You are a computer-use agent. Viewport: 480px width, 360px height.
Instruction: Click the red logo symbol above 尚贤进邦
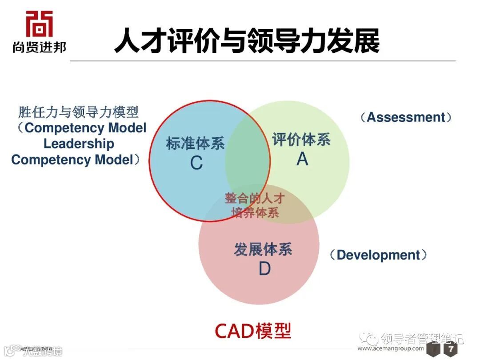(39, 24)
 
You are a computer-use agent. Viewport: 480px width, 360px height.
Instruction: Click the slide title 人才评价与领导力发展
(247, 41)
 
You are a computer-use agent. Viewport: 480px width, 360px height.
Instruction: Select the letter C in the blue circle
(196, 164)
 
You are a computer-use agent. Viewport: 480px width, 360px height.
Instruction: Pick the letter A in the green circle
(302, 159)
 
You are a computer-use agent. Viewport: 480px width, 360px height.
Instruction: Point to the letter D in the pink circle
(264, 269)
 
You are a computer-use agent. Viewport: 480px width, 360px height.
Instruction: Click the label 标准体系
(195, 144)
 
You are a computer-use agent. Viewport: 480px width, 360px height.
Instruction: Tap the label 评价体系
(301, 140)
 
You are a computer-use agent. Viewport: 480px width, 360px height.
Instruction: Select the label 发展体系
(263, 249)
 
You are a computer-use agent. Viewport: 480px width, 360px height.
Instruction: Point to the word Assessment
(406, 117)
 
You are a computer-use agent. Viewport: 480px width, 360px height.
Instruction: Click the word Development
(378, 255)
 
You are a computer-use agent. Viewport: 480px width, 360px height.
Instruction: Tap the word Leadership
(79, 144)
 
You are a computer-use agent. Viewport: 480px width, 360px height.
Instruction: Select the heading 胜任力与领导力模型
(78, 112)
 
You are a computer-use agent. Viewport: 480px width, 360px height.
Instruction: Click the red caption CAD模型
(253, 330)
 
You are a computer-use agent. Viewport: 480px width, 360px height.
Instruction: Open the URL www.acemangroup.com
(391, 348)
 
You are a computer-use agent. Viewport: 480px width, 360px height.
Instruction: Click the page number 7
(451, 349)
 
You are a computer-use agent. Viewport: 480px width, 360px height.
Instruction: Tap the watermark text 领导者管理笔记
(422, 339)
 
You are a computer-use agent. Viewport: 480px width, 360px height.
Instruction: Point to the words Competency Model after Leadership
(72, 160)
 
